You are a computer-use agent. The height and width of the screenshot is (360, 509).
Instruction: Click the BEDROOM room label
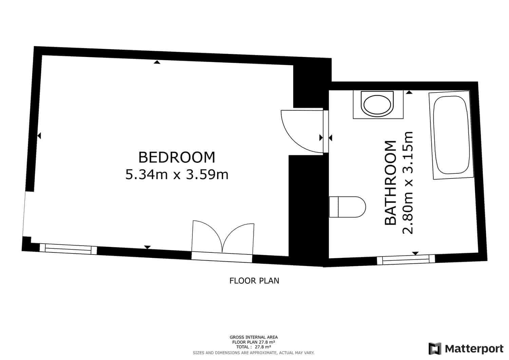[177, 157]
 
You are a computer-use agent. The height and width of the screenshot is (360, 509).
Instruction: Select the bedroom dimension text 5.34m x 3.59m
[177, 175]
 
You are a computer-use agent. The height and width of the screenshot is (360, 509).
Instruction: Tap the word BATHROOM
[391, 183]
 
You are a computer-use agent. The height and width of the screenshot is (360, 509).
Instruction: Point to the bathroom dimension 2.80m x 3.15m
[408, 183]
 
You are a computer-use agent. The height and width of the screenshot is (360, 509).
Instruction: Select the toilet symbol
[347, 207]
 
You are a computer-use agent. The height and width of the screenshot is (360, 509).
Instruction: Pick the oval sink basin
[378, 105]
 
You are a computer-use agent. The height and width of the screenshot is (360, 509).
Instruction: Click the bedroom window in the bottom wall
[68, 249]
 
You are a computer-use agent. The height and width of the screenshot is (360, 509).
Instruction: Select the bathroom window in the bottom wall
[406, 260]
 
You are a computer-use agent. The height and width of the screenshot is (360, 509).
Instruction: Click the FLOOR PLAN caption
[254, 281]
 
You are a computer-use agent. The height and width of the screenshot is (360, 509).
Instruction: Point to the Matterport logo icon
[435, 348]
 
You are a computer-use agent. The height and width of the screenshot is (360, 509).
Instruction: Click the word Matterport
[474, 348]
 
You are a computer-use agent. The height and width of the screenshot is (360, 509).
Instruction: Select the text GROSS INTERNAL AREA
[253, 337]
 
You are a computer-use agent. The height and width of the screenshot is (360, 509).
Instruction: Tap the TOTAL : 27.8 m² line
[253, 347]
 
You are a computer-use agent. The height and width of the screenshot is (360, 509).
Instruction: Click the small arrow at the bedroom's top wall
[156, 62]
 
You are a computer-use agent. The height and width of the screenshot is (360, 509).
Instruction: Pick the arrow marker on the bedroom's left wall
[39, 136]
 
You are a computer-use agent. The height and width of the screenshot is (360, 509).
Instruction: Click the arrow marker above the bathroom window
[415, 253]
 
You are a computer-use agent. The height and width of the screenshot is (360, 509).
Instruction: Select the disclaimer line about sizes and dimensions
[253, 353]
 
